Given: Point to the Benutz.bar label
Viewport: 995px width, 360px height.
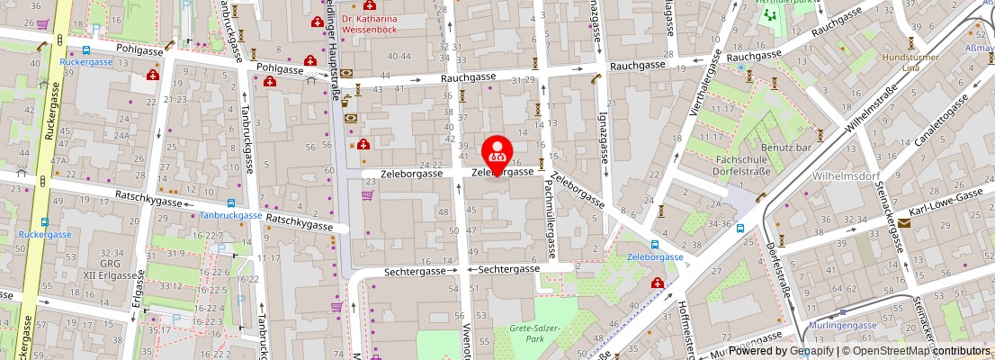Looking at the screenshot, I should coord(786,147).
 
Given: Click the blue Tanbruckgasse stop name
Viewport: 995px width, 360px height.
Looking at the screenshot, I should coord(230,215).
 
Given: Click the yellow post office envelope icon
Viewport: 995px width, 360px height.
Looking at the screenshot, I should coord(903,222).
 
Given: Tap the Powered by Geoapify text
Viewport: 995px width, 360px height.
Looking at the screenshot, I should coord(781,352).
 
